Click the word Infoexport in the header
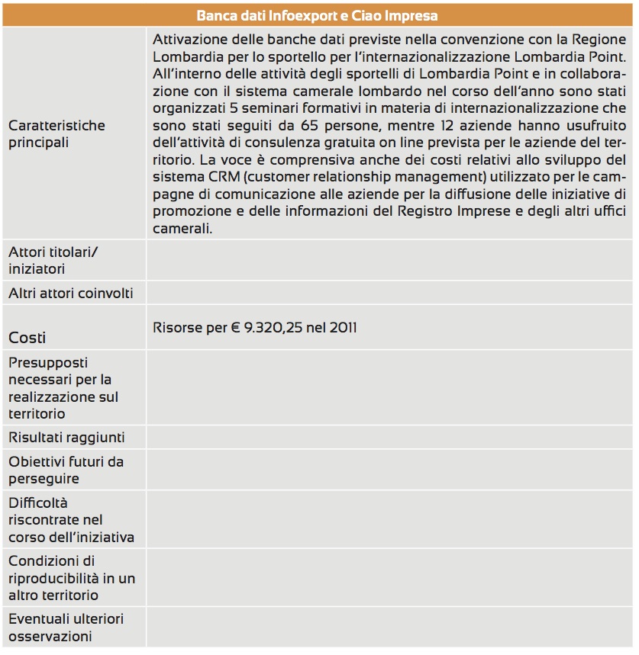(295, 15)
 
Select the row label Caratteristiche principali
(57, 133)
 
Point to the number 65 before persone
(347, 124)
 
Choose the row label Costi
(27, 337)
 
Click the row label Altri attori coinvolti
(71, 293)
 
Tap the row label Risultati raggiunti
(66, 438)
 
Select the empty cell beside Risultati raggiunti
(389, 438)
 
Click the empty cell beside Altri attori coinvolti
(389, 293)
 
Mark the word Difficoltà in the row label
(38, 503)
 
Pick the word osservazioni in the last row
(50, 636)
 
